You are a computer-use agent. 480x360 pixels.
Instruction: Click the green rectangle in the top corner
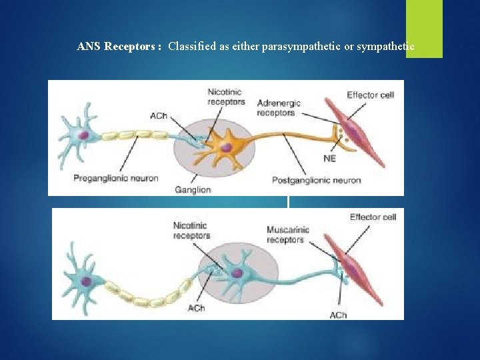(x=424, y=29)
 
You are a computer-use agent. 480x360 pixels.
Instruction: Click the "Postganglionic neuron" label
(x=316, y=180)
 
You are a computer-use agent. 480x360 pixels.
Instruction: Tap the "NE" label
(x=329, y=158)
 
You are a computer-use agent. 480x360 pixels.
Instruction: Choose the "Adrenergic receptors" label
(x=279, y=108)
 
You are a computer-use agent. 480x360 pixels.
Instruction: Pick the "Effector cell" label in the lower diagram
(x=373, y=217)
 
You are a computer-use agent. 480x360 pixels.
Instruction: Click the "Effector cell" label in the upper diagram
(x=370, y=95)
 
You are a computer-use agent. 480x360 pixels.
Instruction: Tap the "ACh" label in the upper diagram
(x=159, y=116)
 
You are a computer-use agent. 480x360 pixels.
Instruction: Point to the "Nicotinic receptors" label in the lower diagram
(x=191, y=230)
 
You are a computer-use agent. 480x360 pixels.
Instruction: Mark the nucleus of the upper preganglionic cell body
(x=84, y=135)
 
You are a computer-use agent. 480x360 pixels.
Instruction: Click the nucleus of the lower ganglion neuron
(x=237, y=273)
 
